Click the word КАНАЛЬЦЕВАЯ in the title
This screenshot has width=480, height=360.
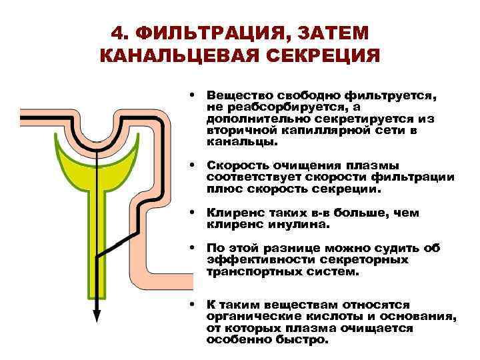(x=180, y=55)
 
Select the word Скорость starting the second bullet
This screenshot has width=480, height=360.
(x=236, y=165)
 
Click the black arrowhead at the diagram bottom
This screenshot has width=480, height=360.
(x=97, y=315)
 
